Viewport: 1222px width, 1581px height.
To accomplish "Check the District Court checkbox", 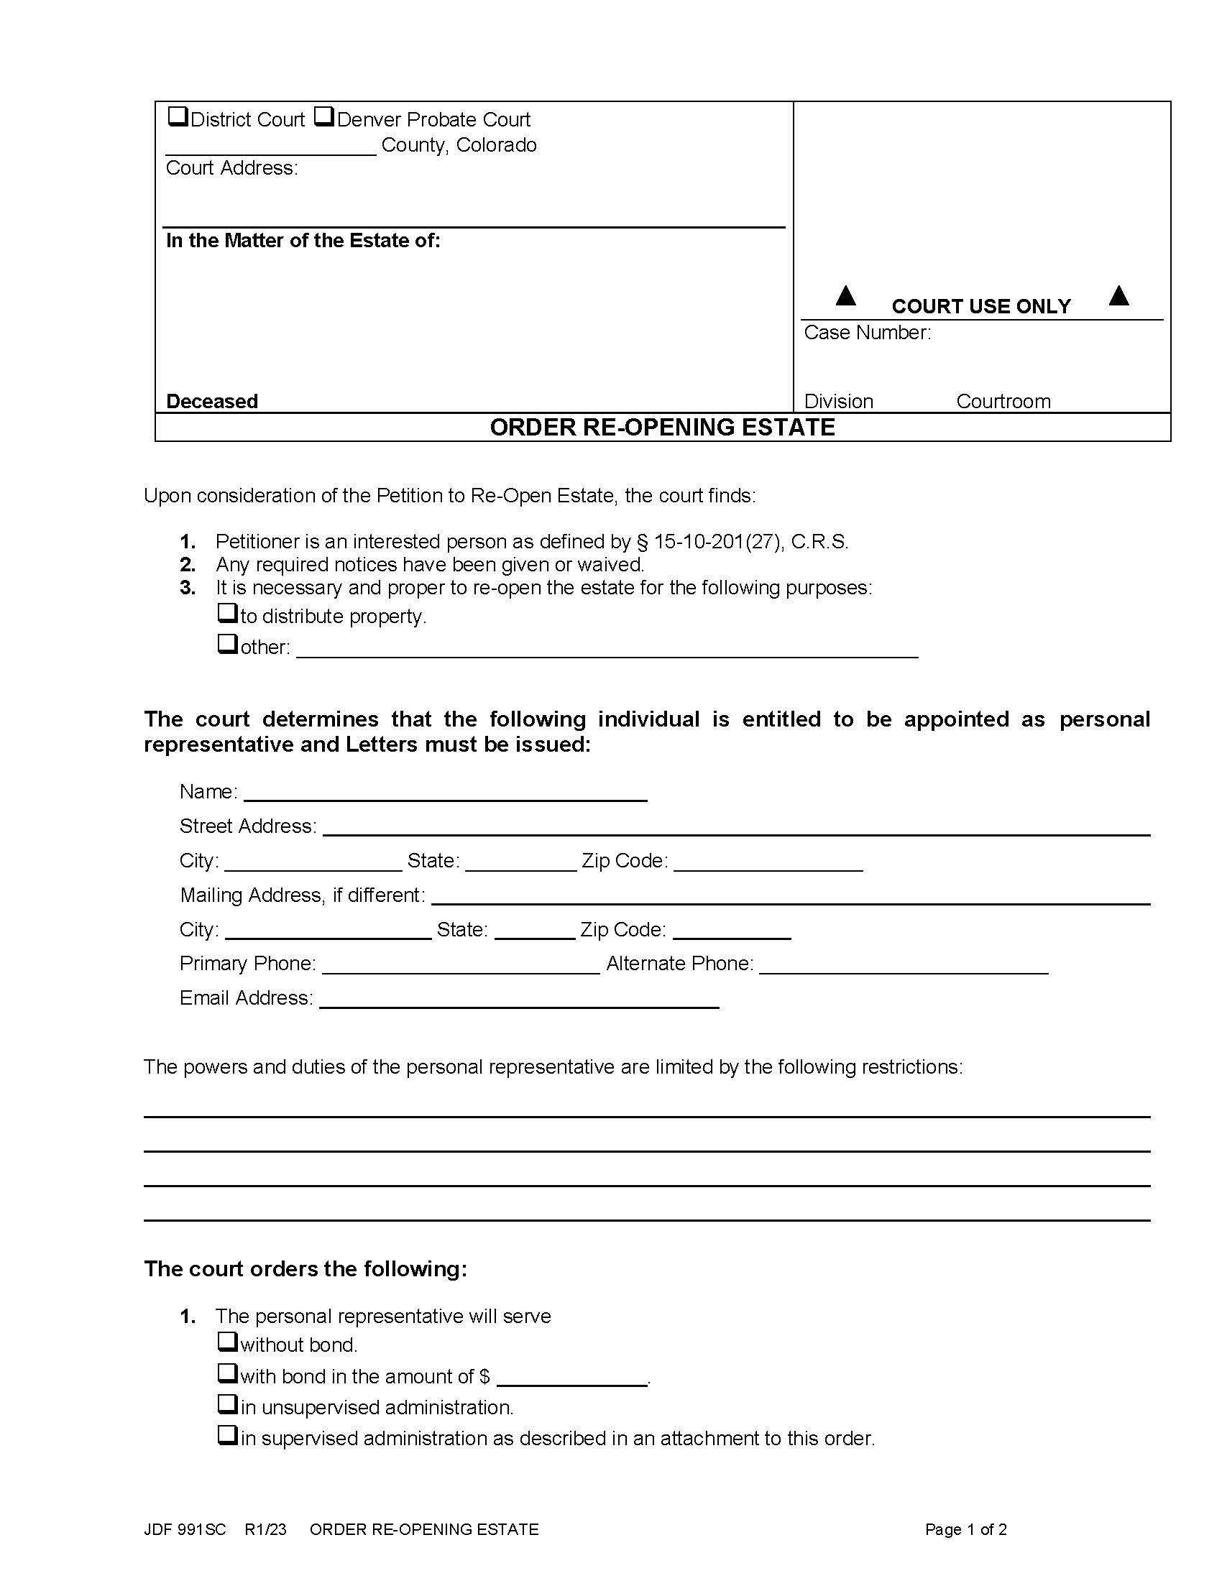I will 178,116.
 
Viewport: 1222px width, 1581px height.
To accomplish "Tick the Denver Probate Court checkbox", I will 324,116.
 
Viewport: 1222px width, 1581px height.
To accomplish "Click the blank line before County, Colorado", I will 271,147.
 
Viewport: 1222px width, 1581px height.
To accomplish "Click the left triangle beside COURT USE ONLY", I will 845,295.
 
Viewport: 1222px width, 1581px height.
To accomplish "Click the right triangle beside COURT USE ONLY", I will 1118,295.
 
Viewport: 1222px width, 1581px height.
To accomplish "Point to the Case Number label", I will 868,333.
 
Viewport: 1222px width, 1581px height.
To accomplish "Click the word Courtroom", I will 1003,402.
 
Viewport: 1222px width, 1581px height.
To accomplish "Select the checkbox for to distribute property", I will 228,614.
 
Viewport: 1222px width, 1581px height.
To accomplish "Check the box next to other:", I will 228,645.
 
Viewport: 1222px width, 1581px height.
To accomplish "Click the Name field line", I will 445,793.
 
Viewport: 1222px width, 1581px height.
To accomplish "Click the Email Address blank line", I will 518,1000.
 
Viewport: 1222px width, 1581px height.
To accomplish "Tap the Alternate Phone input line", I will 904,966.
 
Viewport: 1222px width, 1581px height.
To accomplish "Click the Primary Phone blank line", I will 461,966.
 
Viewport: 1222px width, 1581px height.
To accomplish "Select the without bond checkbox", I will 228,1342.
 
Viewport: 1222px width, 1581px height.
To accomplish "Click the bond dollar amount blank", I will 572,1378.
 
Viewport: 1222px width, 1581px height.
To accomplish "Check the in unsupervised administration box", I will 228,1405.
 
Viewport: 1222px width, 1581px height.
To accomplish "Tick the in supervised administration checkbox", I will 228,1436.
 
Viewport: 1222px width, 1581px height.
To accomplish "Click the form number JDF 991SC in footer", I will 185,1529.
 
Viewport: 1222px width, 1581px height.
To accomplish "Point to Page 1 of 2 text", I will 965,1529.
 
